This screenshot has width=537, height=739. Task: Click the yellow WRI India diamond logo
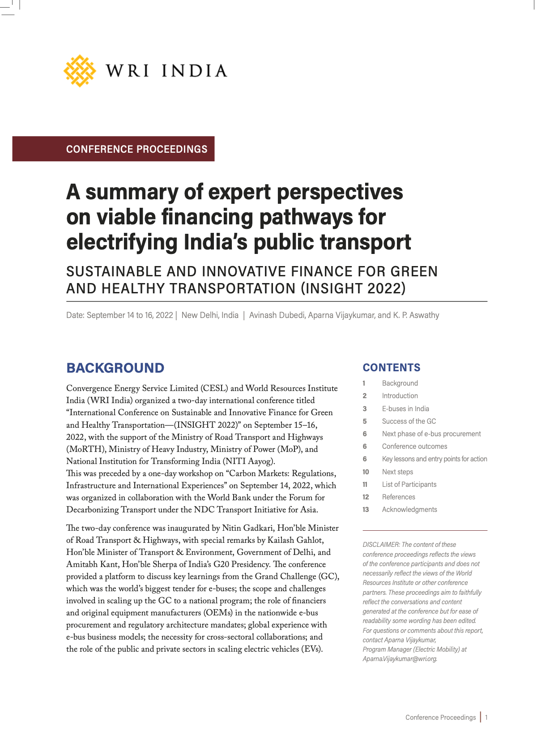point(80,71)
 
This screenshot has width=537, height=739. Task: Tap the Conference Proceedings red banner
point(113,149)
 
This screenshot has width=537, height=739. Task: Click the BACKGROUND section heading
point(115,368)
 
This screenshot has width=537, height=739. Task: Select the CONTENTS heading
point(392,368)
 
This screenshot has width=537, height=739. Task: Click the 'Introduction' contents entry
point(400,396)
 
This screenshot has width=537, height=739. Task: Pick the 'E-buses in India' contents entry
point(405,408)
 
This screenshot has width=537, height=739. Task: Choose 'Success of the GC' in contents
point(409,421)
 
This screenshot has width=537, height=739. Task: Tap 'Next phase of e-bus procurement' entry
point(431,434)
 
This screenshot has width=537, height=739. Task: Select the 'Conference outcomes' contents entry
point(414,446)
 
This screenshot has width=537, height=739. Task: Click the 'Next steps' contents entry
point(397,472)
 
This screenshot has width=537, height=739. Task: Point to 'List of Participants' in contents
point(409,484)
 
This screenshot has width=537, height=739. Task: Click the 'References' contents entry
point(398,497)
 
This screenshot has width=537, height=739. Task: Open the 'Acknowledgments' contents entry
point(409,509)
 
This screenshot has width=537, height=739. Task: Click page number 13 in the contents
point(366,509)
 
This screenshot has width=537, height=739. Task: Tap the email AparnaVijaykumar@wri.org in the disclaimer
point(400,659)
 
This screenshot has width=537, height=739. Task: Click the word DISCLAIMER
point(381,545)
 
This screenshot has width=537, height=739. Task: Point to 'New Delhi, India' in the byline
point(210,315)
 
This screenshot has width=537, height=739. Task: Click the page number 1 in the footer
point(486,718)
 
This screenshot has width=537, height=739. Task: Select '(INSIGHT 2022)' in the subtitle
point(353,288)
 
